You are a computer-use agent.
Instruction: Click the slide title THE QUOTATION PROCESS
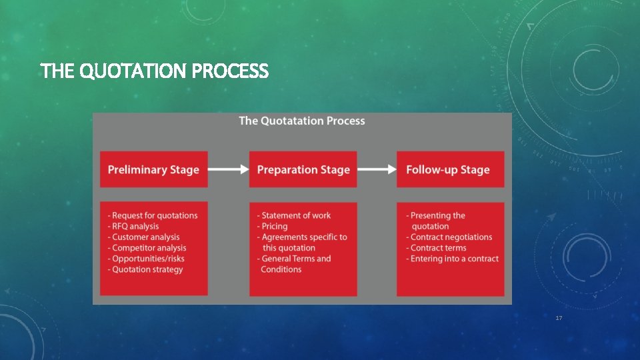pos(154,71)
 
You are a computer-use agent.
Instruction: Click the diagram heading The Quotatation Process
pos(302,121)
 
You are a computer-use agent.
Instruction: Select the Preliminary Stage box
pos(153,169)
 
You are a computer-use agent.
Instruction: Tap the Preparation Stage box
pos(303,169)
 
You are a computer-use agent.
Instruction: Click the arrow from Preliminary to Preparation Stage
pos(229,169)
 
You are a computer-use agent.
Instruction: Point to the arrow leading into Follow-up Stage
pos(377,169)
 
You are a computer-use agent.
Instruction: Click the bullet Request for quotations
pos(153,215)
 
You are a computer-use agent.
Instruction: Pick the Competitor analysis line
pos(147,248)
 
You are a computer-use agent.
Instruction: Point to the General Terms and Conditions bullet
pos(295,264)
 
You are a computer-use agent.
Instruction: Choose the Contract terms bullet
pos(437,248)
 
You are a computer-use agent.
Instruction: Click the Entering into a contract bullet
pos(453,259)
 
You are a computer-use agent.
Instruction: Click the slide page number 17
pos(559,318)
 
